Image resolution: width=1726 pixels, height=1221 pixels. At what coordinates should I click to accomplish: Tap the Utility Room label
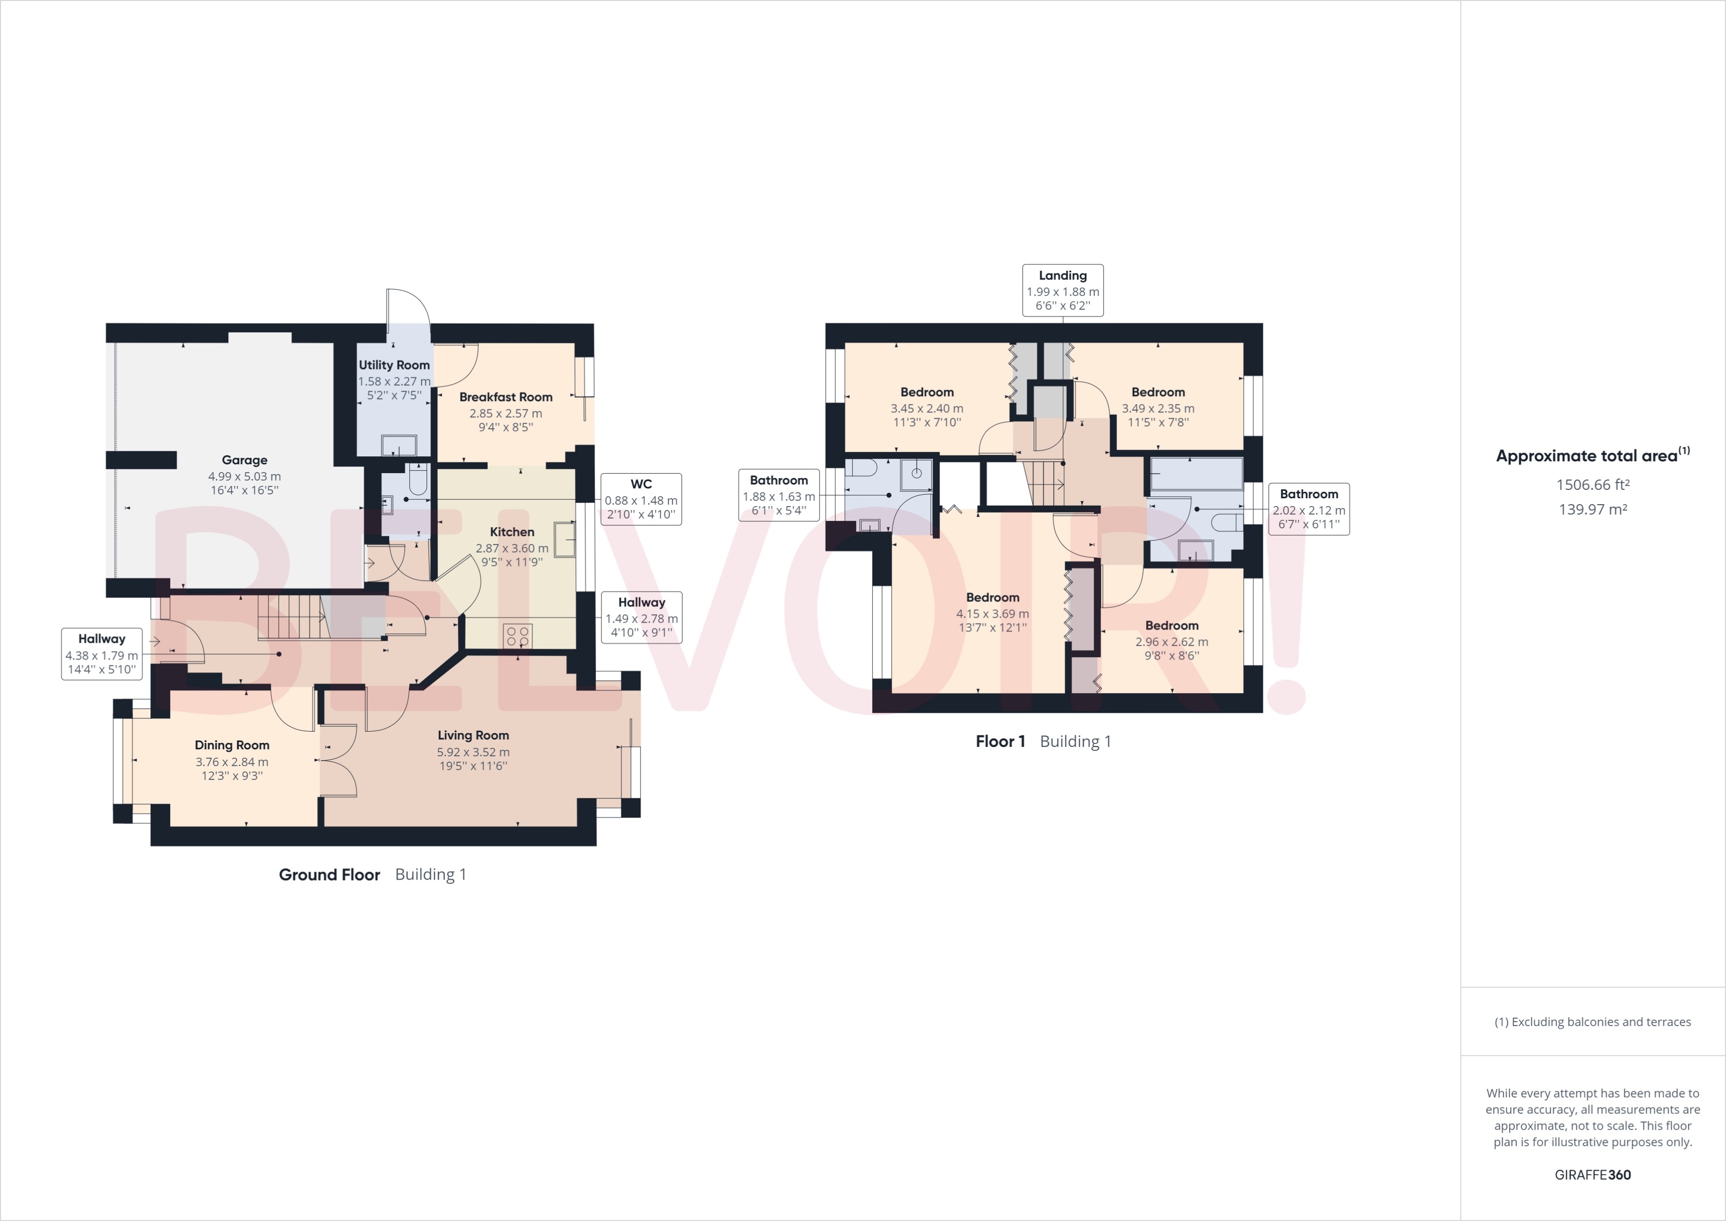point(394,365)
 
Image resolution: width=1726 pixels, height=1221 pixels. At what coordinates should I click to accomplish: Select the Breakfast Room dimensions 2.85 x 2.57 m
point(505,413)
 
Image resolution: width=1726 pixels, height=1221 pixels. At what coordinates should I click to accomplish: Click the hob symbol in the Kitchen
point(518,636)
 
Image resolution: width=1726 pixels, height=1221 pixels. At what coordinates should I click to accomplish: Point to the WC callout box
point(641,499)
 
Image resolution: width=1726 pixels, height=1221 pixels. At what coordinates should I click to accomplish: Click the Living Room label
point(473,735)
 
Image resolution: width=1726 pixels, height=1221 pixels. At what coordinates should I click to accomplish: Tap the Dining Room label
point(232,745)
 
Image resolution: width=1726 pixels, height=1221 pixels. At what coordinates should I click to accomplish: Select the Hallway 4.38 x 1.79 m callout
point(102,654)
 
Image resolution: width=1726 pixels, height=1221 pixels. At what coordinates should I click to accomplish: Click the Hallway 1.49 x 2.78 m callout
point(641,617)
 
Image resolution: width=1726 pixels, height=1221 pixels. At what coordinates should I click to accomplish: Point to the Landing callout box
point(1062,290)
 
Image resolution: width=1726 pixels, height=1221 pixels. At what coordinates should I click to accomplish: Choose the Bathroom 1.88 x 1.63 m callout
point(778,495)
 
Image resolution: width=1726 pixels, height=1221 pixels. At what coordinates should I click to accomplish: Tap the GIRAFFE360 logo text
point(1592,1175)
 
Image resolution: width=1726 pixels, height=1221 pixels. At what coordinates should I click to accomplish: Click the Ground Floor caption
point(329,874)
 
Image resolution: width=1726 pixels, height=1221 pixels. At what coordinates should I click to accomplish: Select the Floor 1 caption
point(1000,741)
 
